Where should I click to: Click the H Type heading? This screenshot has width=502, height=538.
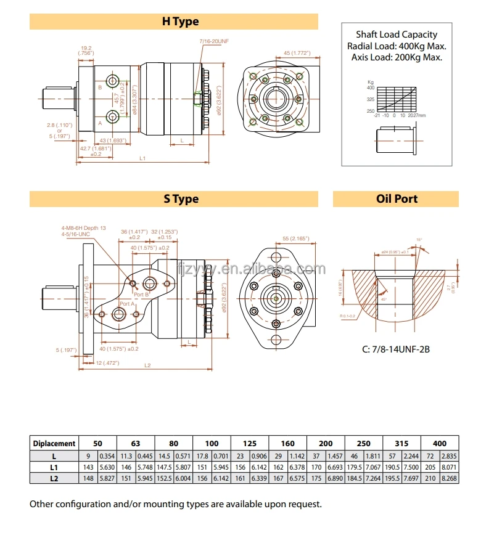tap(180, 22)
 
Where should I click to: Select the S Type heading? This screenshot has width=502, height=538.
tap(181, 199)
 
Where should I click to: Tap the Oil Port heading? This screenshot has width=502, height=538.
tap(397, 199)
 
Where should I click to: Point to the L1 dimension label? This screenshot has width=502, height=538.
tap(142, 158)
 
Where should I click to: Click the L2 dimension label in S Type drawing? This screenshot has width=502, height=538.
tap(147, 365)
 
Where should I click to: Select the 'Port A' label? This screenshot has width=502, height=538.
tap(127, 304)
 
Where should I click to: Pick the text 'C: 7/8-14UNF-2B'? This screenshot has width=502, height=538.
tap(395, 349)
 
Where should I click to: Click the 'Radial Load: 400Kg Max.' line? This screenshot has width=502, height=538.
tap(397, 46)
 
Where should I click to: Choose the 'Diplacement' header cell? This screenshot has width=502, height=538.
tap(54, 443)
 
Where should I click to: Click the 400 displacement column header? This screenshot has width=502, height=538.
tap(440, 443)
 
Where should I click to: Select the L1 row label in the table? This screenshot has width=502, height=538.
tap(54, 467)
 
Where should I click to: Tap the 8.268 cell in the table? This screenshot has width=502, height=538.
tap(450, 478)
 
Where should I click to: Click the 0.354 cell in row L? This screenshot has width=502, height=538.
tap(107, 455)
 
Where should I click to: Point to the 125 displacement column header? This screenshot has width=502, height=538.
tap(249, 443)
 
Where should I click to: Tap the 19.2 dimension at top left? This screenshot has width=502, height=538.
tap(86, 47)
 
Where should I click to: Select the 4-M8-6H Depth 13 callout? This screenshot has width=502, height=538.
tap(83, 228)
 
